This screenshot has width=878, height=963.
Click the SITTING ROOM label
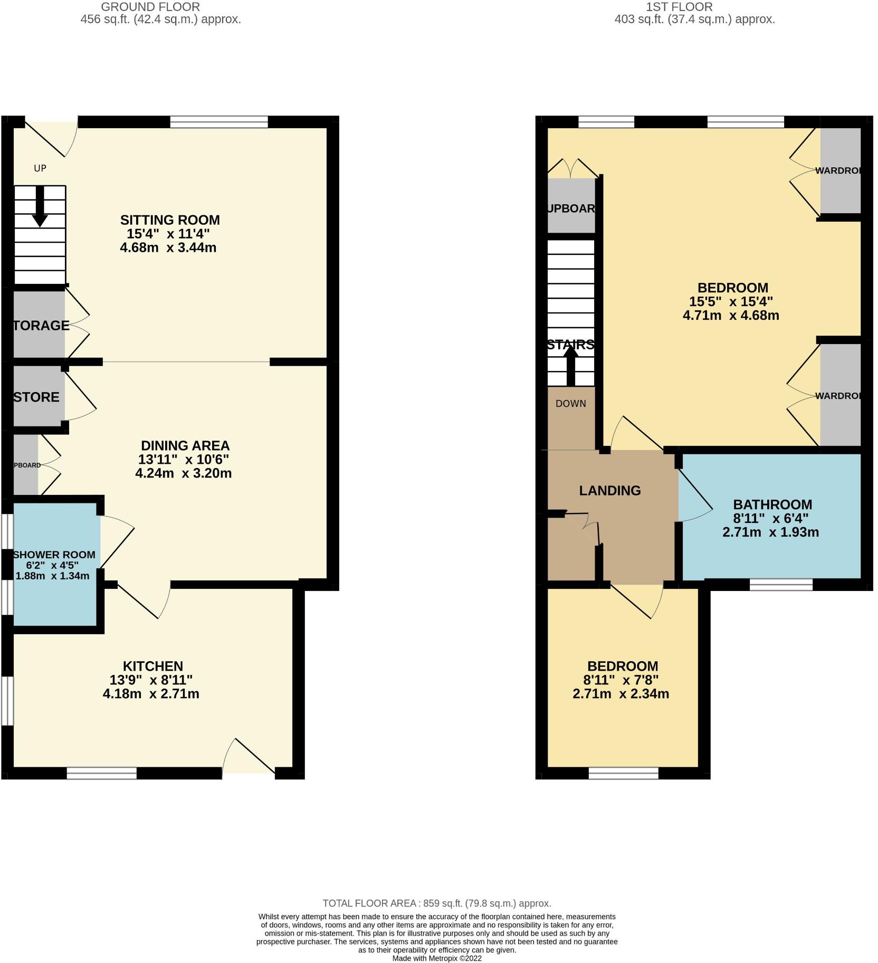pyautogui.click(x=169, y=220)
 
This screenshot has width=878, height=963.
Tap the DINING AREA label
pyautogui.click(x=185, y=445)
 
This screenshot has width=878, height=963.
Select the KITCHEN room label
pyautogui.click(x=152, y=666)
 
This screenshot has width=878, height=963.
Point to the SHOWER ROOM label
pyautogui.click(x=54, y=555)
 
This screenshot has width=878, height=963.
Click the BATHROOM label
pyautogui.click(x=772, y=504)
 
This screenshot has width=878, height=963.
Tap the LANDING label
pyautogui.click(x=610, y=490)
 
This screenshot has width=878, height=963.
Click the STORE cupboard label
pyautogui.click(x=36, y=397)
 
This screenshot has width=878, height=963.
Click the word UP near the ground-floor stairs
pyautogui.click(x=40, y=168)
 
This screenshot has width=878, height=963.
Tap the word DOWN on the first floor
pyautogui.click(x=571, y=403)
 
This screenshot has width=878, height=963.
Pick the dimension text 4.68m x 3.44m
pyautogui.click(x=168, y=247)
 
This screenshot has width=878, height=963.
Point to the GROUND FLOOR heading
pyautogui.click(x=150, y=7)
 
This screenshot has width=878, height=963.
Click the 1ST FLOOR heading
pyautogui.click(x=679, y=7)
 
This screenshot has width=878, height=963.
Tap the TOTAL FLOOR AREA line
pyautogui.click(x=436, y=903)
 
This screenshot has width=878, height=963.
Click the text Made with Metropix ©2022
pyautogui.click(x=436, y=958)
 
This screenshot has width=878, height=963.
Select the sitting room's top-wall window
pyautogui.click(x=219, y=122)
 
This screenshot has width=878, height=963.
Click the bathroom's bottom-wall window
pyautogui.click(x=781, y=584)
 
